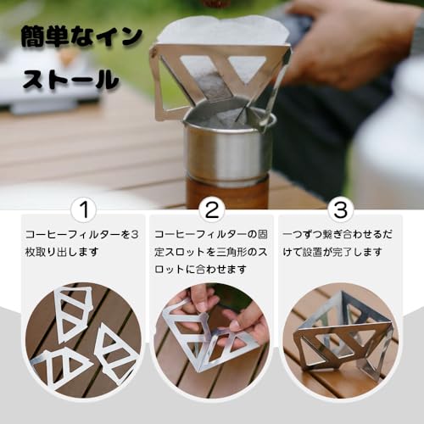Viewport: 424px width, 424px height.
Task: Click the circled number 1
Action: point(82,209)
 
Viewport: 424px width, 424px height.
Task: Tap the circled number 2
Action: point(211,209)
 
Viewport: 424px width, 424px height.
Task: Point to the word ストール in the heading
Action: point(70,81)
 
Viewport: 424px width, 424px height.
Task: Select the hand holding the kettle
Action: point(356,38)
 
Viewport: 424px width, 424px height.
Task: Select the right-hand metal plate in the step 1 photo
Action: point(115,350)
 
